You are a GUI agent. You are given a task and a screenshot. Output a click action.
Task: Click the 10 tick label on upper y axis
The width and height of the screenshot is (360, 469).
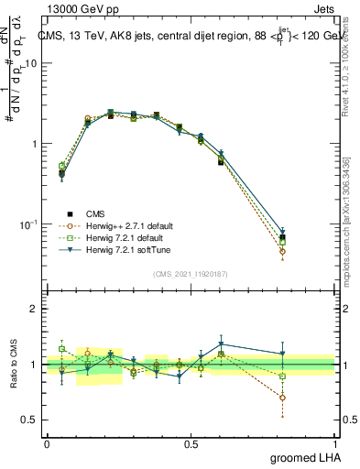30,63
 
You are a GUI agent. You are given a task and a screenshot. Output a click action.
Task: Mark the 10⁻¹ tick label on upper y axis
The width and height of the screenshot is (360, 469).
27,224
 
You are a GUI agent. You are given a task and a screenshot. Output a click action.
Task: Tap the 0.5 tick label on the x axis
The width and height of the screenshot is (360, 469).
191,443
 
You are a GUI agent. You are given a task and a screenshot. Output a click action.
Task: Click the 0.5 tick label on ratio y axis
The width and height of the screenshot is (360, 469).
30,420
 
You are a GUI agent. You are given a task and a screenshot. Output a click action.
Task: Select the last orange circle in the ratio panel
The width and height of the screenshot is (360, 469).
308,398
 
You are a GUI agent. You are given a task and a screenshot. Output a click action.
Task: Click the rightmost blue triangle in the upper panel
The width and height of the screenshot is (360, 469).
308,234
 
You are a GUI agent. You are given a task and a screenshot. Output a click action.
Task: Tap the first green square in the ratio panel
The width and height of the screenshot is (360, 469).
62,349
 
